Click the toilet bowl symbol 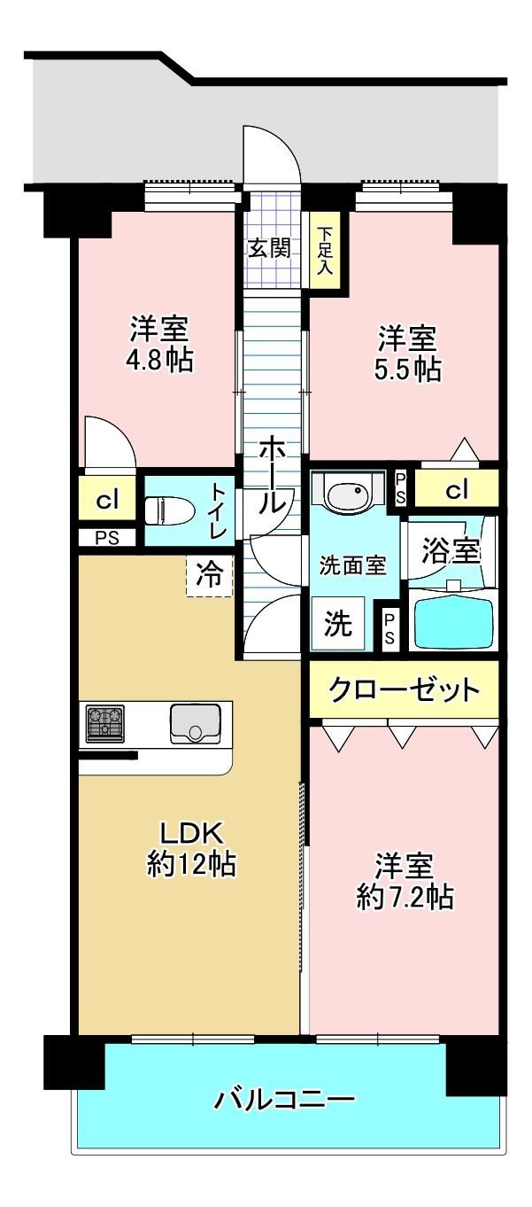168,510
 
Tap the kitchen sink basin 195,723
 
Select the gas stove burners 104,723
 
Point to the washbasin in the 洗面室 348,492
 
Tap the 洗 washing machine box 337,623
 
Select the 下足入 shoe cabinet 324,251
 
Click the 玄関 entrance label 269,248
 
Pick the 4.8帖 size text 158,361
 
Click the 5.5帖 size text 407,370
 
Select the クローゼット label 404,689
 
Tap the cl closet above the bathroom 456,489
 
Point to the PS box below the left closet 107,538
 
